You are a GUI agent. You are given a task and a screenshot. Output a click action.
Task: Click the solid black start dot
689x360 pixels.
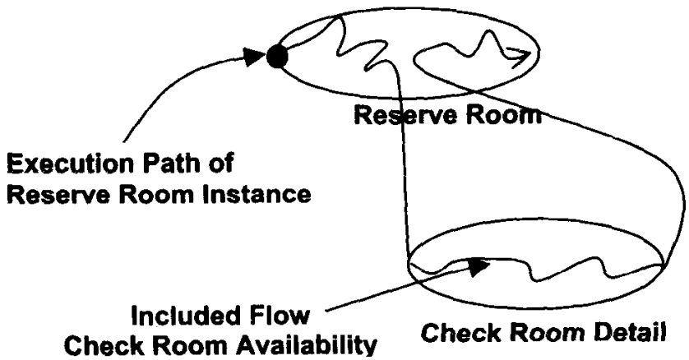(x=277, y=57)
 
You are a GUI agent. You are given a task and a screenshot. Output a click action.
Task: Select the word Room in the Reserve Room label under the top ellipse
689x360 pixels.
(x=502, y=117)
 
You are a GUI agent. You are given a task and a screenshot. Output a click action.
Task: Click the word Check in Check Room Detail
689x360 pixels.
(x=457, y=336)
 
